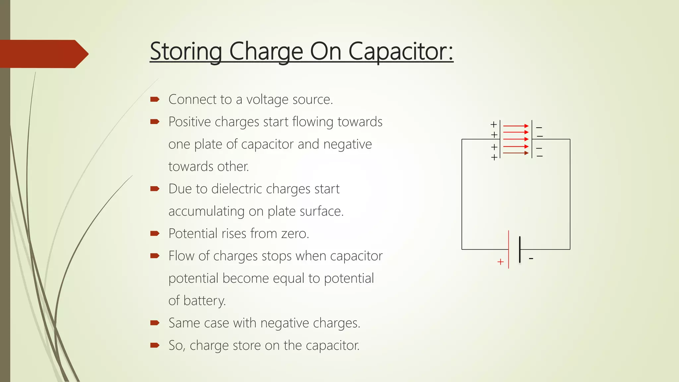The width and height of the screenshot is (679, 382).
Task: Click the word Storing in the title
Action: pyautogui.click(x=186, y=52)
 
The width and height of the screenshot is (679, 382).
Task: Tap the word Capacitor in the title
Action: pyautogui.click(x=401, y=52)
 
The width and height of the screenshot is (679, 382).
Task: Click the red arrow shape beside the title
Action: pyautogui.click(x=43, y=54)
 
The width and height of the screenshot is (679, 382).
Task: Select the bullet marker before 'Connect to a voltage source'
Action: pyautogui.click(x=155, y=99)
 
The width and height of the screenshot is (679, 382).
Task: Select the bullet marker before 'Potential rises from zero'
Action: pyautogui.click(x=155, y=233)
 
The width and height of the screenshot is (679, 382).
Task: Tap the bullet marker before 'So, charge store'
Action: pyautogui.click(x=155, y=345)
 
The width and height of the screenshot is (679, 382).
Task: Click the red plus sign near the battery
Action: pyautogui.click(x=500, y=262)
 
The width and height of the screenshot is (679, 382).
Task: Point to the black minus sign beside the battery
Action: pyautogui.click(x=531, y=258)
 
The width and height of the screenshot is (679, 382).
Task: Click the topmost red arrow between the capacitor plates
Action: pyautogui.click(x=516, y=126)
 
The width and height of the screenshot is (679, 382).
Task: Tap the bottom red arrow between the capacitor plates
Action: pyautogui.click(x=516, y=153)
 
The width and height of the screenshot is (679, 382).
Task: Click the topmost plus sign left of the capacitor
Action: pyautogui.click(x=494, y=124)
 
